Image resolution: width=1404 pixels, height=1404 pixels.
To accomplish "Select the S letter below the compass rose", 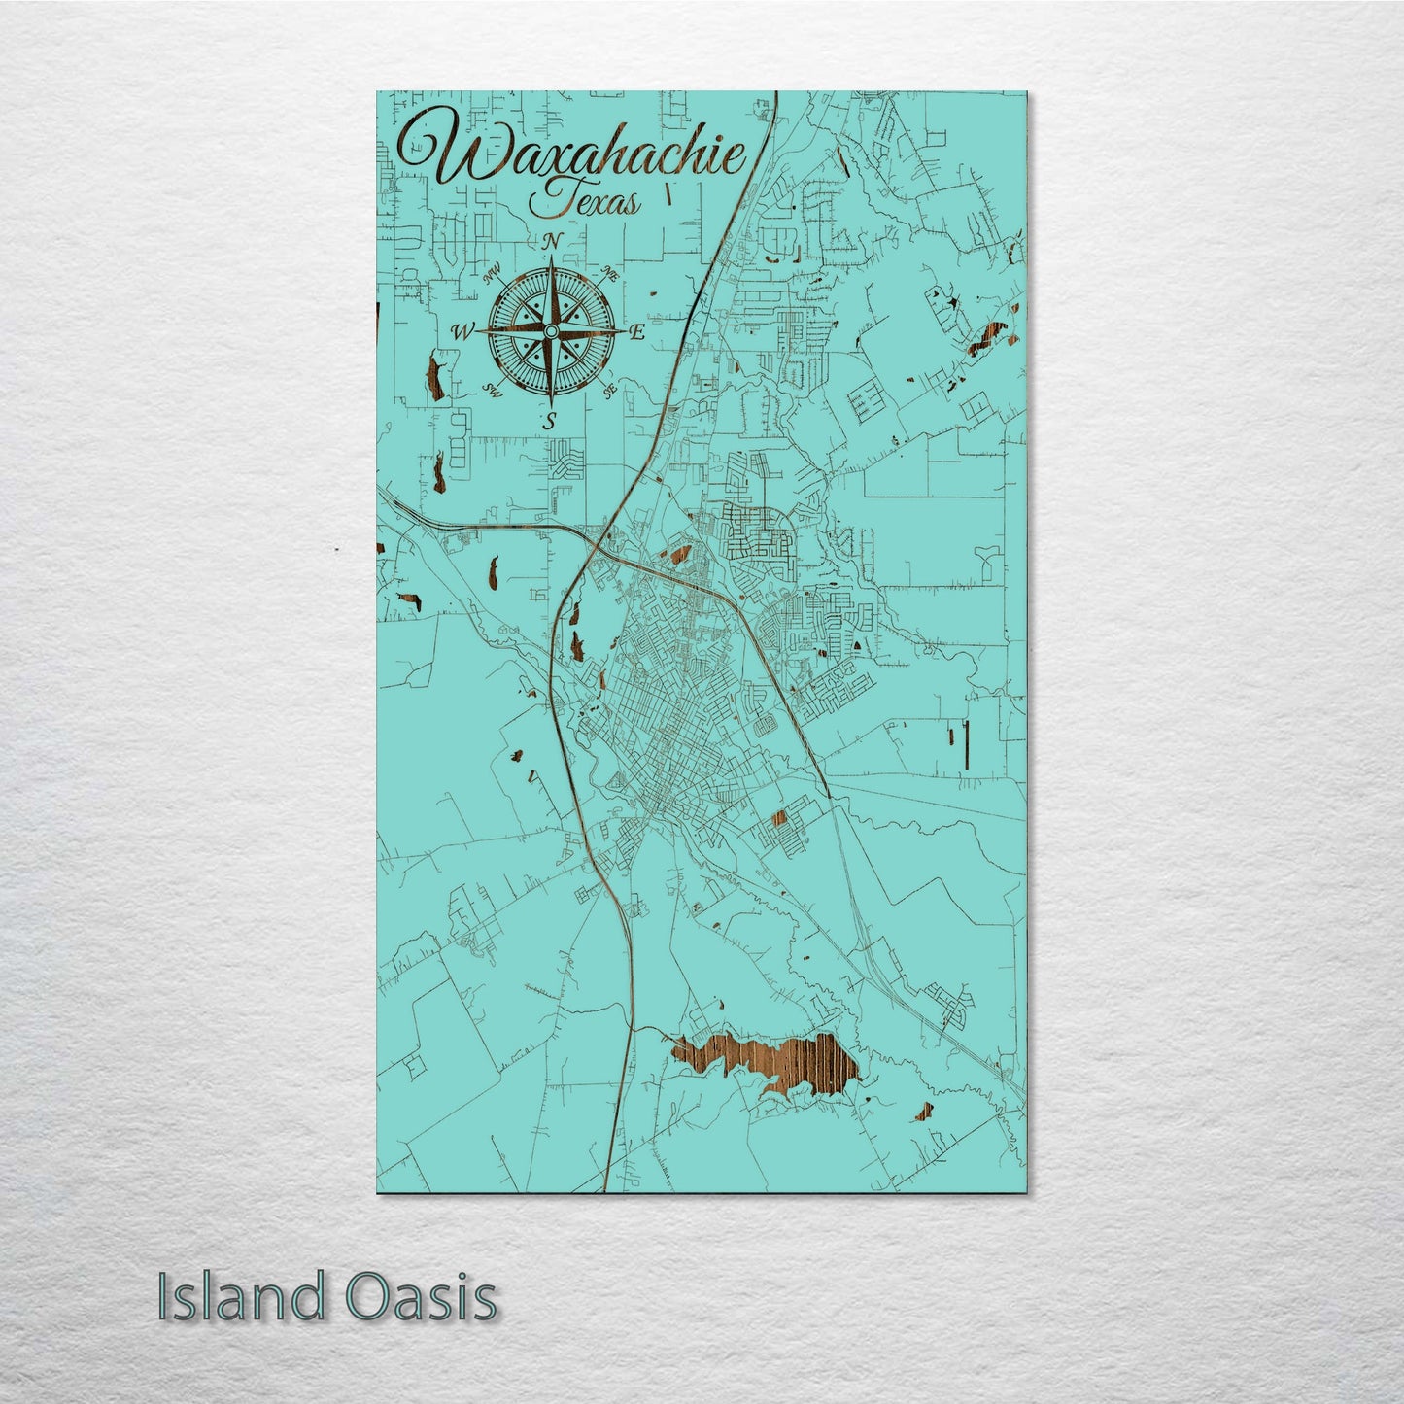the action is point(551,421).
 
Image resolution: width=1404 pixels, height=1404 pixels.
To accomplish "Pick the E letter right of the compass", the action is point(638,332).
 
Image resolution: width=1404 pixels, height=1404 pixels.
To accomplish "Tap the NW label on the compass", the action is point(491,275).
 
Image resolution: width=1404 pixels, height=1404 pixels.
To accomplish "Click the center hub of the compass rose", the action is point(551,332).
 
